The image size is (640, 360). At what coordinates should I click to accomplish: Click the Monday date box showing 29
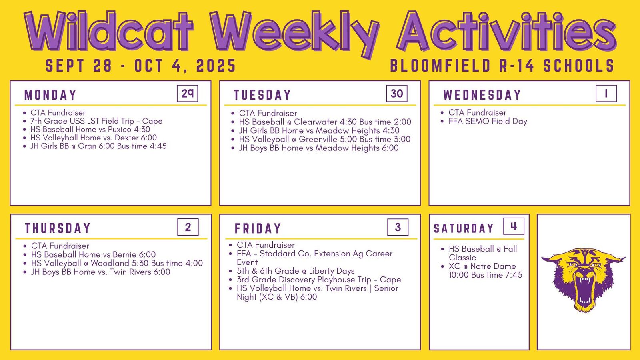[x=188, y=94]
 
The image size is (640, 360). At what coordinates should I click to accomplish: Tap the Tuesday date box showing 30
[x=397, y=94]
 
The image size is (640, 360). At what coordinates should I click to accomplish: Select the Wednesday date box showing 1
[x=606, y=94]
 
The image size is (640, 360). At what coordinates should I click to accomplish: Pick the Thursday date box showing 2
[x=188, y=227]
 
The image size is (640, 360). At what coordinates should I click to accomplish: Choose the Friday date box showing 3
[x=398, y=227]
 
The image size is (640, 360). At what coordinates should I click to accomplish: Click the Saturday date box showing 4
[x=514, y=226]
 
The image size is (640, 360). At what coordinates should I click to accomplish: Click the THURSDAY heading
[x=58, y=228]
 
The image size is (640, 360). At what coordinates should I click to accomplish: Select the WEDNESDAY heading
[x=482, y=95]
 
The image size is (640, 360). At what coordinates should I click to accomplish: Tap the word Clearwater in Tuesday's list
[x=316, y=122]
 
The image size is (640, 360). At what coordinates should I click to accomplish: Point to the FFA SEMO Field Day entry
[x=488, y=122]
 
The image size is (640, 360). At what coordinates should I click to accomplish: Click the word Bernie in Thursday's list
[x=124, y=254]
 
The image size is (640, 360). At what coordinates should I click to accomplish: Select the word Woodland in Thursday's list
[x=110, y=263]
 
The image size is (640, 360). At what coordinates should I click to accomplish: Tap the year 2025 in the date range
[x=216, y=66]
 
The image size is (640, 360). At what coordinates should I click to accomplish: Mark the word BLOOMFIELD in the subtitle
[x=440, y=66]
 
